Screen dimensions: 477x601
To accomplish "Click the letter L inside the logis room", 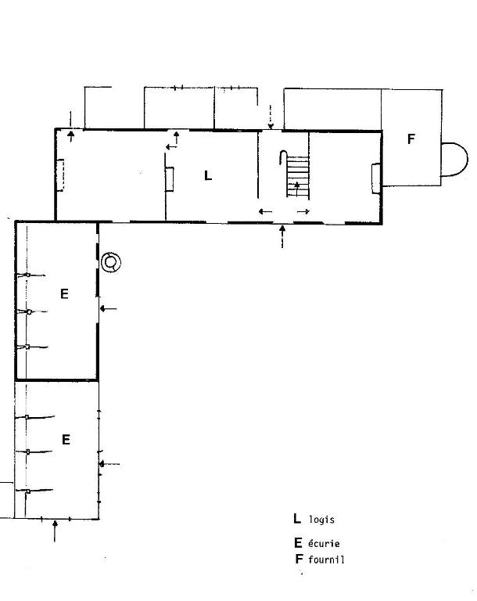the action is click(208, 175).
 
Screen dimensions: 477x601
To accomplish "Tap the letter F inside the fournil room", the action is click(411, 139).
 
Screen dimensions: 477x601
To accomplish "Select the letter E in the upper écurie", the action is click(64, 293).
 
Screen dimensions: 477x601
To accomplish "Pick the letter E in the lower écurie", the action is click(66, 439).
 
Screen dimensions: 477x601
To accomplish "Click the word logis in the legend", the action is click(322, 520).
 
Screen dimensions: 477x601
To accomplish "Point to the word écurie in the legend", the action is click(324, 543).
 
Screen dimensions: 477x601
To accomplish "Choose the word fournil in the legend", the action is click(326, 560).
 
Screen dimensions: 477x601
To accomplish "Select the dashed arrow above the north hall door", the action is click(271, 117).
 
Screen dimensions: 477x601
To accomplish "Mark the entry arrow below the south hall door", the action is click(283, 237).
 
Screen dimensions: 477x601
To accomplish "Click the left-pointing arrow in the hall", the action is click(266, 211).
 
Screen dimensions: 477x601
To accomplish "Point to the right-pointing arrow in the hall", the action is click(303, 211).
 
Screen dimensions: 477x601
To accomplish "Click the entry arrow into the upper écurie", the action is click(108, 308).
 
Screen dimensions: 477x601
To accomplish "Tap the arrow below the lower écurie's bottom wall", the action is click(55, 531).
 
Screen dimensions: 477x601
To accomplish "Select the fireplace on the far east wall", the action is click(376, 178).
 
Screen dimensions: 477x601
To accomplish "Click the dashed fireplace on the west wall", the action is click(59, 175).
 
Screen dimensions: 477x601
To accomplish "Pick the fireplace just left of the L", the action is click(170, 179).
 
